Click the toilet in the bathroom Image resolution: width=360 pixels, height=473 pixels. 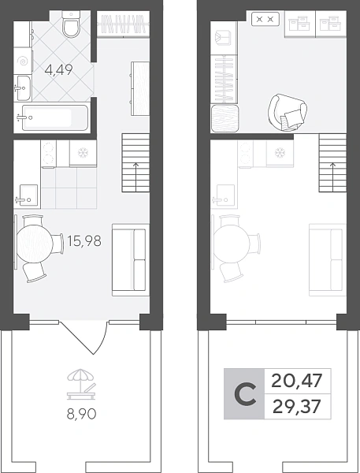[72, 24]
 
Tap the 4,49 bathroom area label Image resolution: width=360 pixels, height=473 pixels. [59, 70]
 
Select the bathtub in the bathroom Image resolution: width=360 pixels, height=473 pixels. [51, 117]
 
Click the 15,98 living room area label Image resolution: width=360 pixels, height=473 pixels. [84, 240]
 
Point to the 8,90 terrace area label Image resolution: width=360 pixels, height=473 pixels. [81, 414]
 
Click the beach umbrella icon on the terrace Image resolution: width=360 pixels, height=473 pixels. [81, 385]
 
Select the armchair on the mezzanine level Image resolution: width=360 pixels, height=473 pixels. [288, 112]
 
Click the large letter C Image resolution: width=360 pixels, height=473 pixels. [246, 393]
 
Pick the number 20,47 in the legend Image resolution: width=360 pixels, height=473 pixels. [297, 381]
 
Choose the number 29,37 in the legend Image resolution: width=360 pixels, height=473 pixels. [297, 406]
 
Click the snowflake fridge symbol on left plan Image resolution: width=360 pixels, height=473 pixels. [83, 153]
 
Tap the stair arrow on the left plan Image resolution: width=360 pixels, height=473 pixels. [135, 177]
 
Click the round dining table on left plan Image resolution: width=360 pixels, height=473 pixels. [35, 241]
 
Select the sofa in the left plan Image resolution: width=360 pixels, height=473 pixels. [131, 259]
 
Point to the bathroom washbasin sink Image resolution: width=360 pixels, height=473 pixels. [22, 88]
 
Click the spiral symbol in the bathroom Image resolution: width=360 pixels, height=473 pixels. [23, 61]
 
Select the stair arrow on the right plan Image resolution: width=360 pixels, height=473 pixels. [333, 177]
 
